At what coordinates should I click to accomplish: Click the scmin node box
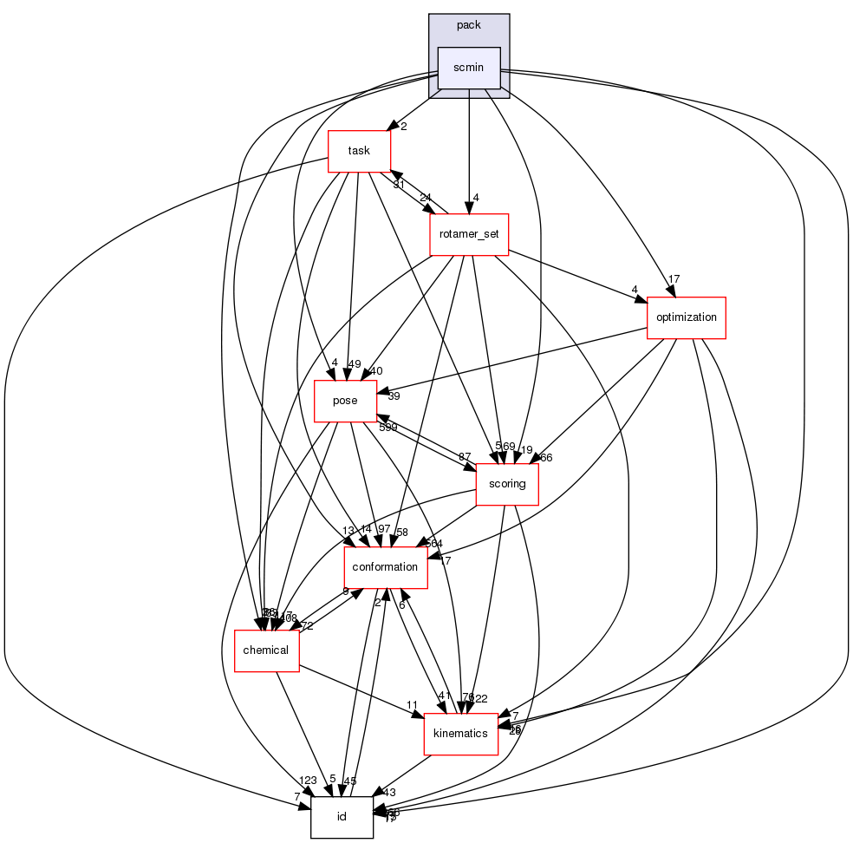(469, 68)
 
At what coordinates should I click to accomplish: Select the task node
(359, 151)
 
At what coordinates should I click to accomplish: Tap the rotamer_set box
(469, 234)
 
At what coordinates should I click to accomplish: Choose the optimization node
(686, 317)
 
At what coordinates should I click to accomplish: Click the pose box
(345, 401)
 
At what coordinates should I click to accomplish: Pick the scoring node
(507, 484)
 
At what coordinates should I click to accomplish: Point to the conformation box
(386, 567)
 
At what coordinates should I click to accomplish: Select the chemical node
(266, 650)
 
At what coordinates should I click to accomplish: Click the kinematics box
(460, 734)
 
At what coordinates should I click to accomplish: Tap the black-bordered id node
(342, 817)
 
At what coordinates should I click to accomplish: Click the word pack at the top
(469, 25)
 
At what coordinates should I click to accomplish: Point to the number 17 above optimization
(673, 279)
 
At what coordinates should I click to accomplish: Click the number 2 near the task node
(403, 127)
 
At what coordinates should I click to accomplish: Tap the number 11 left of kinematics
(413, 704)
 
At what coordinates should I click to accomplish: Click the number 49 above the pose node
(355, 363)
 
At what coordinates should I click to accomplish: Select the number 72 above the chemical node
(307, 626)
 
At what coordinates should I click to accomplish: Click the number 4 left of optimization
(635, 290)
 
